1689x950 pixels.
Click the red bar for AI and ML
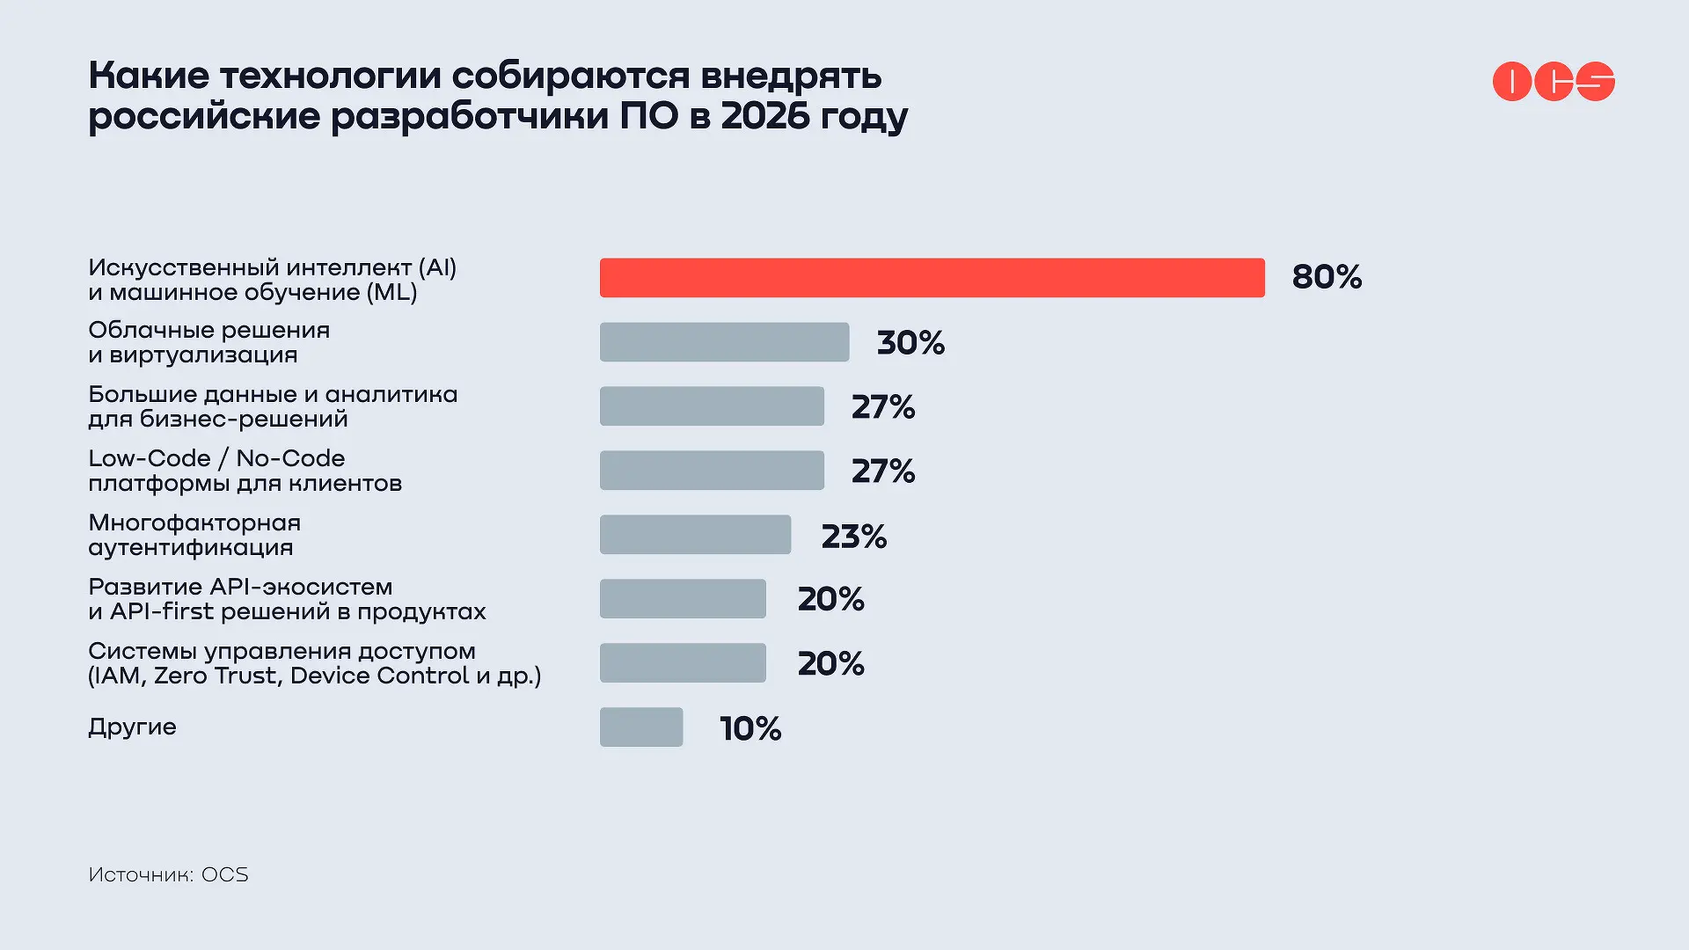pos(932,278)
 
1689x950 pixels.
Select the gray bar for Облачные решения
pos(724,342)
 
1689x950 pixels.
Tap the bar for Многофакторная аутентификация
pos(695,535)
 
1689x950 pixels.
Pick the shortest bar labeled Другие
pos(641,727)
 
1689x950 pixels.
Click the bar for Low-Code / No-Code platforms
pos(712,471)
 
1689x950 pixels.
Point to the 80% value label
pos(1327,277)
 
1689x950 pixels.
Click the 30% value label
pos(910,342)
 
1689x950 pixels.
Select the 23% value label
pos(853,536)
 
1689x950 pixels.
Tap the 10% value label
pos(750,728)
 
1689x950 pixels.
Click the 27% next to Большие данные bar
pos(883,406)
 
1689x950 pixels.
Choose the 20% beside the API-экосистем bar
pos(830,599)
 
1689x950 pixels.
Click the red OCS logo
pos(1554,82)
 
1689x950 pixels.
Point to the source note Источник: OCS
pos(168,874)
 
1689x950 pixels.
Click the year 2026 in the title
pos(764,116)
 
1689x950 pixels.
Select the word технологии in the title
pos(330,76)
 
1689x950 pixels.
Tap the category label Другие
pos(132,727)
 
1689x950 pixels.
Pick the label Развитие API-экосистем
pos(240,587)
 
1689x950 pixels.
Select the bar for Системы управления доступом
pos(683,663)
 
